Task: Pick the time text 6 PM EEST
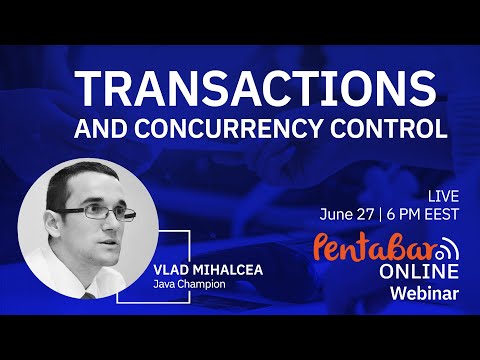[x=424, y=213]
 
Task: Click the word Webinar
[x=424, y=294]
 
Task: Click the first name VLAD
[x=169, y=271]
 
